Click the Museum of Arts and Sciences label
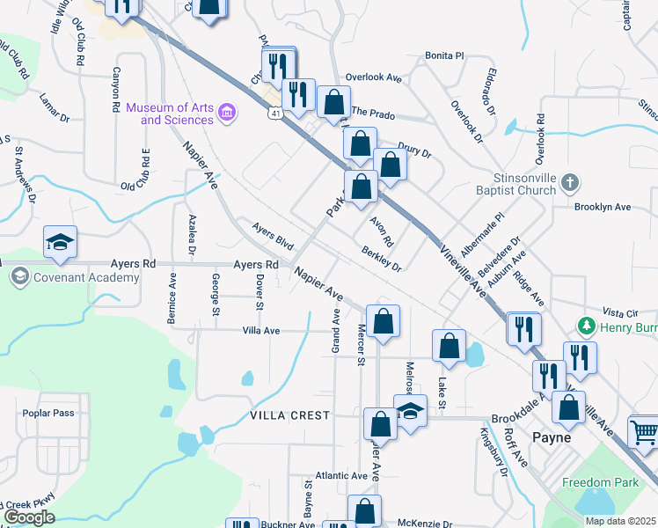170,114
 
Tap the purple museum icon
227,113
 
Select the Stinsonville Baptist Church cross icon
570,183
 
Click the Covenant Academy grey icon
18,277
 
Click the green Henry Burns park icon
587,326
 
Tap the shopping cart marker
645,432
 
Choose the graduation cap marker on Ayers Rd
61,243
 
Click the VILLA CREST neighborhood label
289,415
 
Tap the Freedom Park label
600,481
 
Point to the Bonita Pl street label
444,55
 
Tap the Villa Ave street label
260,331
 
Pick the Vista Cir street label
619,312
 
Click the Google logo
29,517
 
